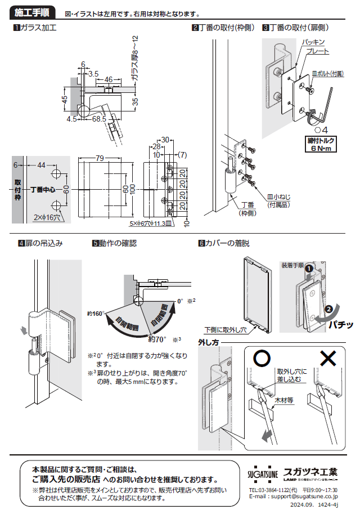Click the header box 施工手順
[32, 12]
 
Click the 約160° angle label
[96, 314]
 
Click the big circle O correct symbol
[261, 358]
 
